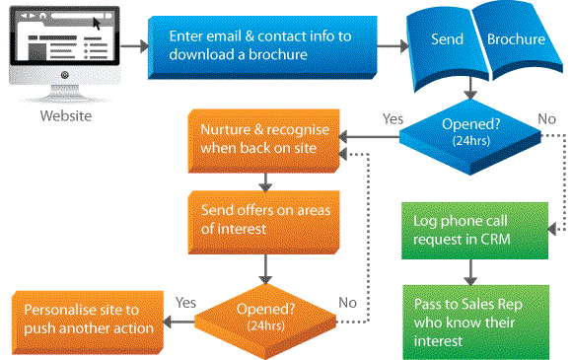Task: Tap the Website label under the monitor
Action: coord(65,115)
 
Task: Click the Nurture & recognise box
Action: coord(260,139)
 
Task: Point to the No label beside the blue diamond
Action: coord(546,118)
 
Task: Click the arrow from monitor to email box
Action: coord(136,45)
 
